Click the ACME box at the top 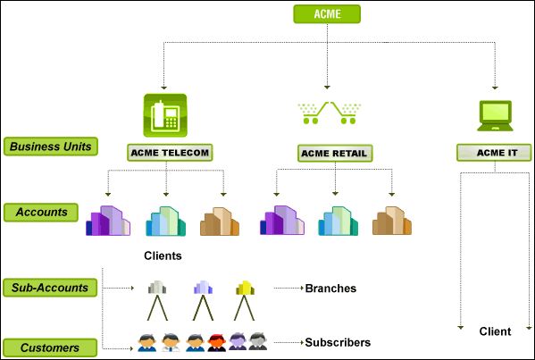pyautogui.click(x=327, y=14)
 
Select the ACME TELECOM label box pyautogui.click(x=170, y=153)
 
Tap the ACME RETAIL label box pyautogui.click(x=335, y=154)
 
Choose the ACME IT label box pyautogui.click(x=494, y=153)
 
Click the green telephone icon pyautogui.click(x=165, y=115)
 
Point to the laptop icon pyautogui.click(x=495, y=115)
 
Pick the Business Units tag pyautogui.click(x=51, y=147)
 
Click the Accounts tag pyautogui.click(x=41, y=213)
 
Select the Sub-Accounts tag pyautogui.click(x=50, y=288)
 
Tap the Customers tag pyautogui.click(x=50, y=347)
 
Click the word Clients pyautogui.click(x=163, y=255)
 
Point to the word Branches pyautogui.click(x=330, y=289)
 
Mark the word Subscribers pyautogui.click(x=338, y=342)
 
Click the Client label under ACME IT pyautogui.click(x=495, y=331)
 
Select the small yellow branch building pyautogui.click(x=245, y=288)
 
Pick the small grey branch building pyautogui.click(x=157, y=288)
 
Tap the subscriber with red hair pyautogui.click(x=217, y=343)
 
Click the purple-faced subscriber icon pyautogui.click(x=238, y=341)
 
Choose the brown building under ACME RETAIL pyautogui.click(x=392, y=221)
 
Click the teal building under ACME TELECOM pyautogui.click(x=166, y=222)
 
